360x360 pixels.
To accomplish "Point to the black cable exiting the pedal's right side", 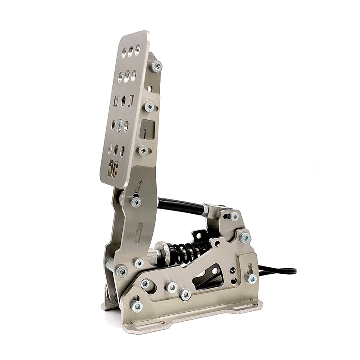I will click(x=279, y=271).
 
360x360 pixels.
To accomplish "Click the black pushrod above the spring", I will click(x=181, y=205).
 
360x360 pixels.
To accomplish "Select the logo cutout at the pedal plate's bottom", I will click(x=113, y=167).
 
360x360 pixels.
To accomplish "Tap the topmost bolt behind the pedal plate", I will click(x=156, y=66).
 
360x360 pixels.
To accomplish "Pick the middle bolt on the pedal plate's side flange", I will click(x=149, y=107).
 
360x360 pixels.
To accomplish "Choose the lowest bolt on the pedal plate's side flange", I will click(x=143, y=150).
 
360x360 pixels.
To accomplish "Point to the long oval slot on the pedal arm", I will click(x=139, y=232).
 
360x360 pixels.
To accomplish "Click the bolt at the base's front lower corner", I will click(x=137, y=306).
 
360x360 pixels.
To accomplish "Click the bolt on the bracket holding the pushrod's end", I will click(x=234, y=216).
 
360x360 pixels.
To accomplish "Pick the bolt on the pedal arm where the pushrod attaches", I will click(x=136, y=202).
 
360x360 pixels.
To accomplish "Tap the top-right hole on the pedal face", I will click(x=137, y=50).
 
